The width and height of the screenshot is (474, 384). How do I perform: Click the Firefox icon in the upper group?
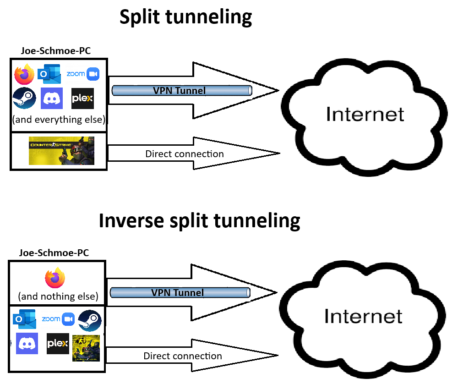(x=24, y=74)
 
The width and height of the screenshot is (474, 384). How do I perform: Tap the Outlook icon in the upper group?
(x=49, y=74)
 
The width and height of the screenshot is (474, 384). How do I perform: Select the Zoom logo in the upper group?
(x=83, y=74)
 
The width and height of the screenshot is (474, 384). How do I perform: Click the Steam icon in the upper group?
(x=24, y=98)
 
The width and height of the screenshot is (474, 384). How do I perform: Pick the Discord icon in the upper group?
(x=52, y=98)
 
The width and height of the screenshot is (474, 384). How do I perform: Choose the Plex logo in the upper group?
(x=83, y=98)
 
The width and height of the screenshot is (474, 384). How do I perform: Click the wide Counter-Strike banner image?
(x=61, y=150)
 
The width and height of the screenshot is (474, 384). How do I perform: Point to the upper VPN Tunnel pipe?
(x=182, y=91)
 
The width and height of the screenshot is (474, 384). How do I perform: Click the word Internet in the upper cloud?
(x=365, y=114)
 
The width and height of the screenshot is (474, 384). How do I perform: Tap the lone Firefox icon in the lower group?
(x=55, y=278)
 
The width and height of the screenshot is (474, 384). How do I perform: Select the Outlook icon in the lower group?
(x=25, y=319)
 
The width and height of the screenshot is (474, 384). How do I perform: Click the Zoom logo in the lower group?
(x=58, y=319)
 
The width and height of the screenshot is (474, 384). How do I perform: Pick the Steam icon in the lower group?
(x=90, y=320)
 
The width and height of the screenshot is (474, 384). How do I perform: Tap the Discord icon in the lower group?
(x=27, y=343)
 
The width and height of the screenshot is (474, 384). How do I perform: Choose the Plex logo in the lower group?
(x=58, y=344)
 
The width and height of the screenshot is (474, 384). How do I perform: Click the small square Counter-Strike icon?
(x=86, y=348)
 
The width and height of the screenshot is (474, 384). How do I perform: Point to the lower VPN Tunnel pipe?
(x=180, y=292)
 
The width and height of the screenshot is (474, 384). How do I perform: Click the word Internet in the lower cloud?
(x=363, y=316)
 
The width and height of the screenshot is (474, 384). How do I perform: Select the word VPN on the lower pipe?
(x=161, y=292)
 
